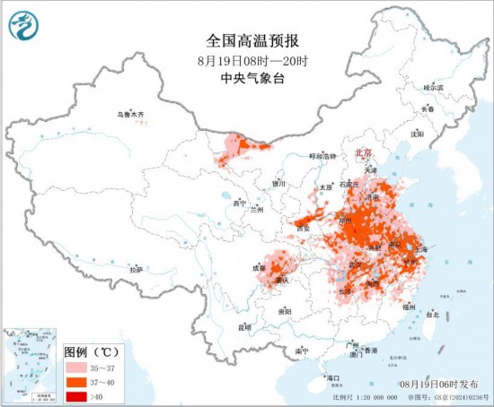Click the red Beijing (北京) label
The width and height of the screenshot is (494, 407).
(363, 153)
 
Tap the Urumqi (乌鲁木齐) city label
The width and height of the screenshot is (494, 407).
(130, 115)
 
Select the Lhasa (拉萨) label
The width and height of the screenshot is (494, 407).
(137, 269)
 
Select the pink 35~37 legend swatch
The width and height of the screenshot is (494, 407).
(75, 368)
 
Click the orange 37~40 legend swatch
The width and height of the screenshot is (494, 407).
(75, 381)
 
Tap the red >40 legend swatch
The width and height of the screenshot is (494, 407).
(75, 394)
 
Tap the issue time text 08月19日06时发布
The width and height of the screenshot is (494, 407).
(436, 383)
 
